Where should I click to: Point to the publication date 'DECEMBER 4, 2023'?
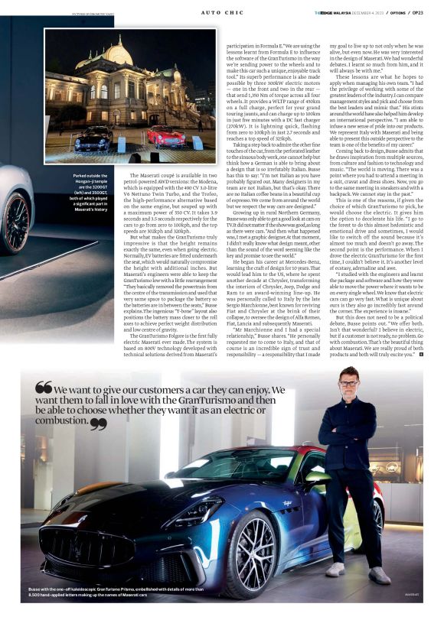click(367, 12)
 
